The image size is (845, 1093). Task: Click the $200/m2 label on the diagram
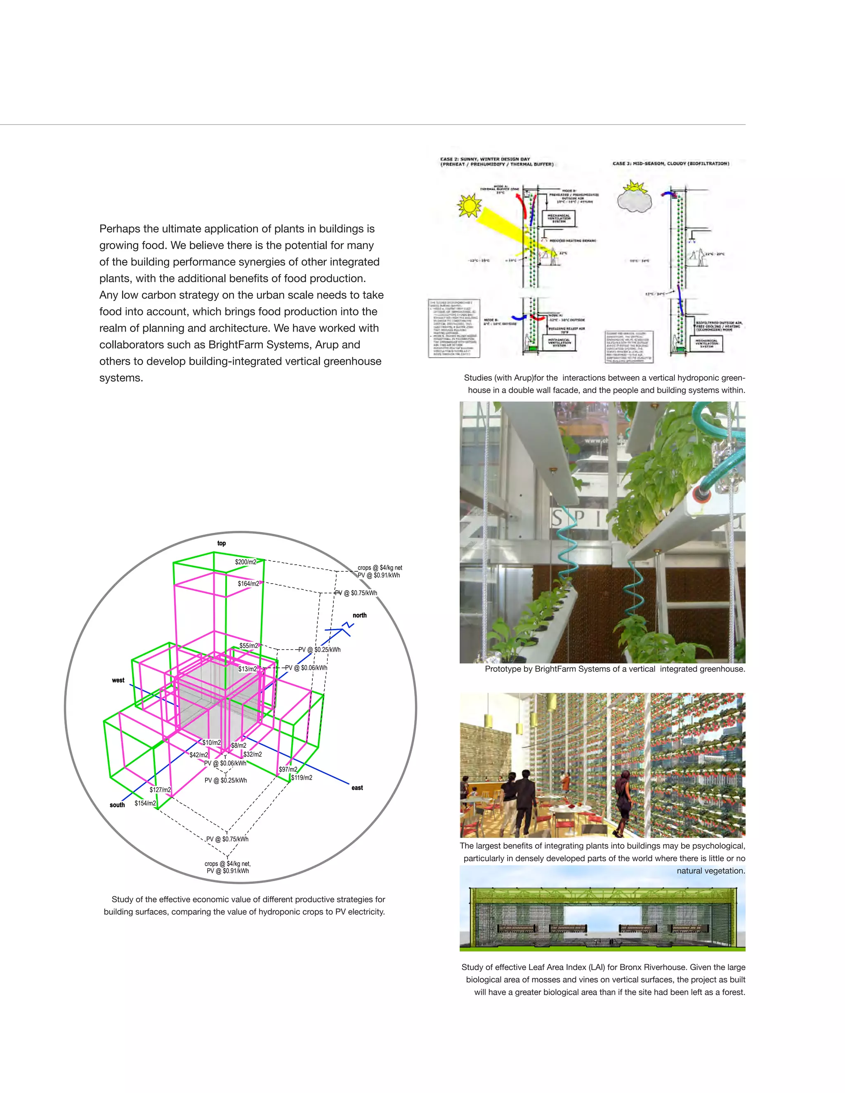click(245, 562)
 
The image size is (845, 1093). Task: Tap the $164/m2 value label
click(248, 584)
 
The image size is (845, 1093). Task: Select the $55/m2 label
click(249, 645)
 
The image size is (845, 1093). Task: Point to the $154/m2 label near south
click(145, 803)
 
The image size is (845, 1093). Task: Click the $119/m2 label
click(302, 778)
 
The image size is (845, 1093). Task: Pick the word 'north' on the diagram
click(359, 615)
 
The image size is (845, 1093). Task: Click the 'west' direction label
click(118, 680)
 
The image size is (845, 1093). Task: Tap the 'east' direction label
click(357, 788)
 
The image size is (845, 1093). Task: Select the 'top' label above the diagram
click(221, 543)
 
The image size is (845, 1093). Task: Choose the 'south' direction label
click(117, 805)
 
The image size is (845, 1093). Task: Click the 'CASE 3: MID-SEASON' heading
click(671, 164)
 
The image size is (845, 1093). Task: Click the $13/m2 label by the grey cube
click(247, 669)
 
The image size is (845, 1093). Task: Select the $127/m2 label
click(160, 790)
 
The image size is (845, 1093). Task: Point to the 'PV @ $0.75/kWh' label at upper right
click(356, 593)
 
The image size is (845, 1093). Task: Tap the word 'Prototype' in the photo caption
click(504, 669)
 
